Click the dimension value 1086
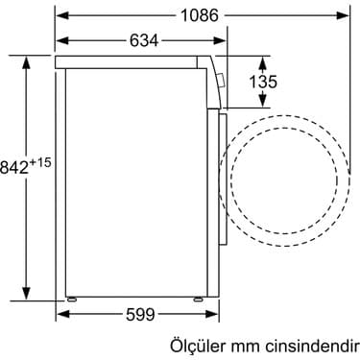(x=201, y=15)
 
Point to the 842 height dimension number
(x=16, y=167)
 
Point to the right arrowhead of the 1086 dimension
(x=345, y=15)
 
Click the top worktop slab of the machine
(x=134, y=61)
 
